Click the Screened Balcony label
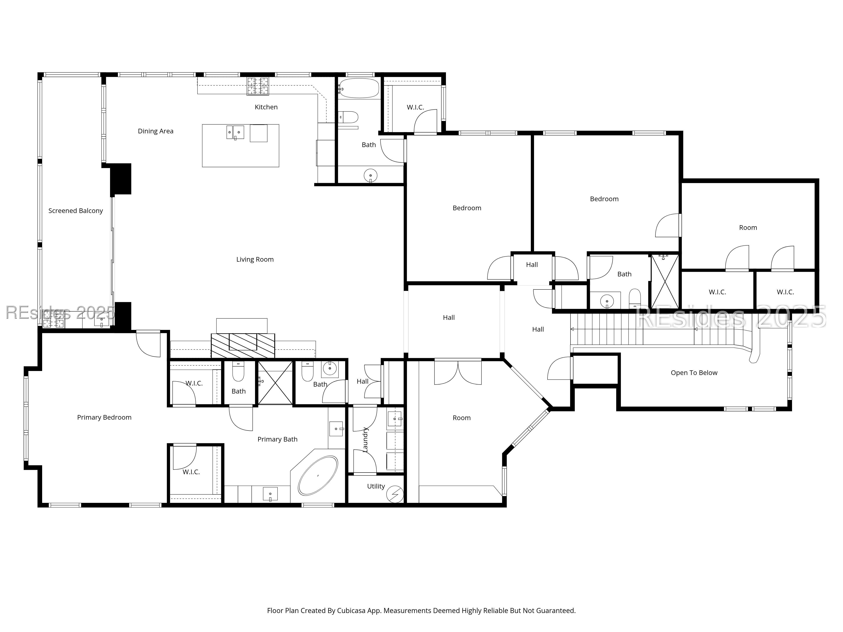point(75,211)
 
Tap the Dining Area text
point(156,131)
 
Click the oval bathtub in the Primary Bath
point(318,475)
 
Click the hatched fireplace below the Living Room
point(243,345)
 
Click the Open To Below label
point(694,373)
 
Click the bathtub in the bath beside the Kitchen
point(359,88)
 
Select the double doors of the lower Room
point(458,373)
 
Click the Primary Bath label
point(277,439)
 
